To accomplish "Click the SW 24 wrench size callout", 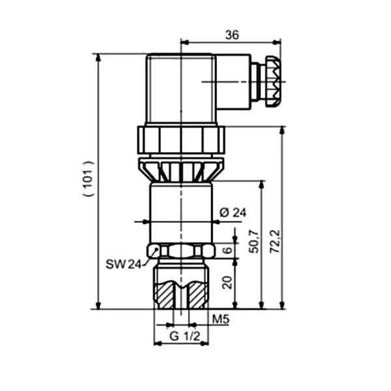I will point(123,264).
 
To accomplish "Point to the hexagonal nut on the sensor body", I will point(181,251).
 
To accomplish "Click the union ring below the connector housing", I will point(181,139).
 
